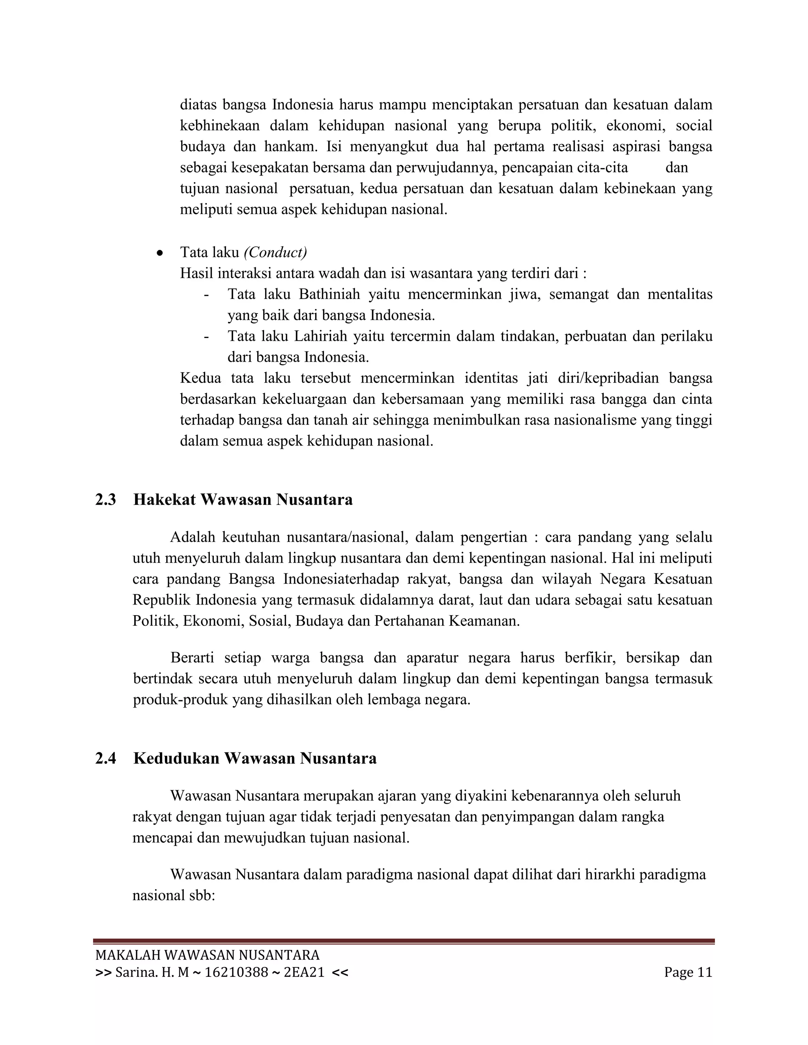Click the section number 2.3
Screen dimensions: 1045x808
(105, 500)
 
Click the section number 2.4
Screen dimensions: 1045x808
(105, 758)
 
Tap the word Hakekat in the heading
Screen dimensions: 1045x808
(164, 500)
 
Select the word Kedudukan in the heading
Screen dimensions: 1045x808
(176, 758)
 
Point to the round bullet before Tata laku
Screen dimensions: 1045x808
(160, 253)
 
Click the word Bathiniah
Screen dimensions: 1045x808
(329, 294)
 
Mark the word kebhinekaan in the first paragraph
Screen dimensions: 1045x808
(220, 126)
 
